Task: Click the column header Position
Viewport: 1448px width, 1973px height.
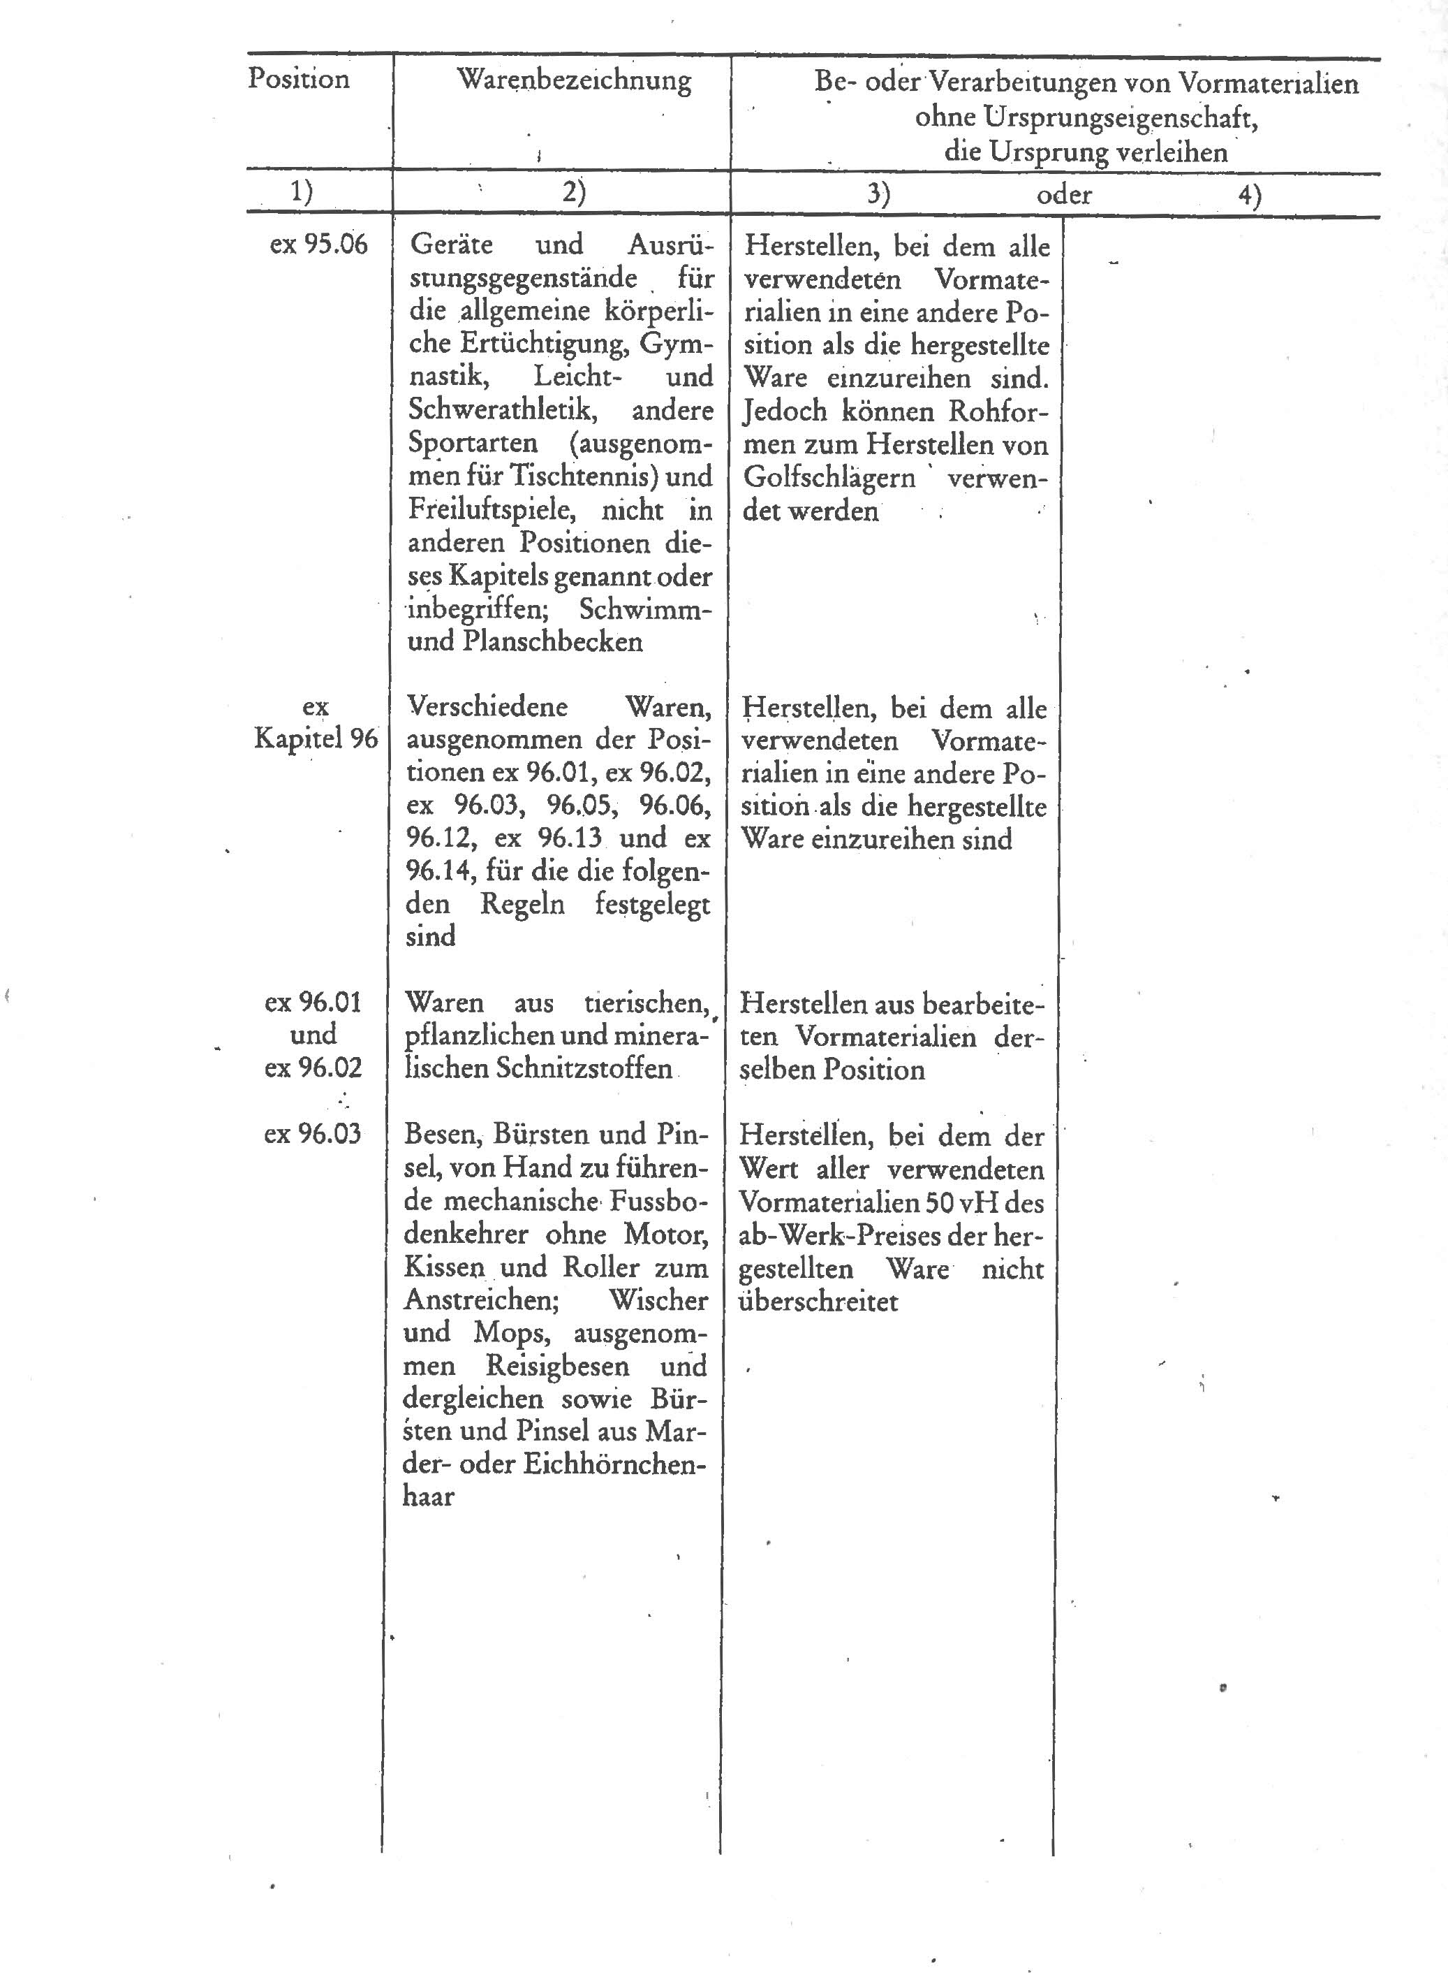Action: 298,79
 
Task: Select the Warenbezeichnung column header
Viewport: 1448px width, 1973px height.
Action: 574,80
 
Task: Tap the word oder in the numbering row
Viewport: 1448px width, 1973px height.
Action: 1063,194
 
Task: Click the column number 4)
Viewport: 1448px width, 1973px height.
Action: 1249,195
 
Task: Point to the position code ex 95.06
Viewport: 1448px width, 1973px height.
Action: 318,244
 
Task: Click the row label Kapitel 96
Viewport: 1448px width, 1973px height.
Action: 316,738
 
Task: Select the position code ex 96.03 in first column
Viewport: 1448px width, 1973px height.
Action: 312,1134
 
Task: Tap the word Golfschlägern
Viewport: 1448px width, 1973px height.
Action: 828,478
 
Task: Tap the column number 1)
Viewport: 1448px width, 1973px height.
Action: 302,192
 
